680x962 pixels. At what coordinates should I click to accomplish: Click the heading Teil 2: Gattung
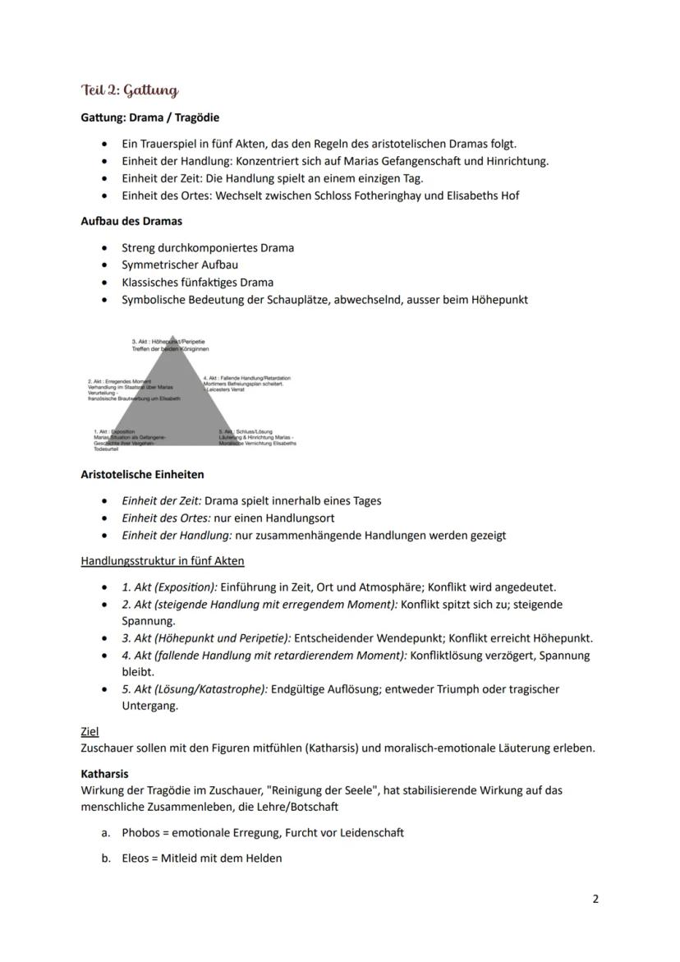point(129,90)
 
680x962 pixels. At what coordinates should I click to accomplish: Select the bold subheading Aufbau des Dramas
point(131,221)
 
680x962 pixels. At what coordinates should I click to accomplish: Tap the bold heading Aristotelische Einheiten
point(142,474)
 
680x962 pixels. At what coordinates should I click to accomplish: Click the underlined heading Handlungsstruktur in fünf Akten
point(163,561)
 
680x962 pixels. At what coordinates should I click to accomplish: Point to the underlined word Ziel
point(90,730)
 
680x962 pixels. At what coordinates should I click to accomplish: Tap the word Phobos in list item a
point(140,832)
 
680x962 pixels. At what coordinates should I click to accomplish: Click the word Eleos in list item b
point(136,858)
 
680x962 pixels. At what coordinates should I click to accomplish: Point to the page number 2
point(595,899)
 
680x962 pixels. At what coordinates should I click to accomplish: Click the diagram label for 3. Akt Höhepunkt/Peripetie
point(168,341)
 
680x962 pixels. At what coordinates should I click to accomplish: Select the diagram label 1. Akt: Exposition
point(115,431)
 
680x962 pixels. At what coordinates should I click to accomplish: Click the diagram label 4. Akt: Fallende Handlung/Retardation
point(246,377)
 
